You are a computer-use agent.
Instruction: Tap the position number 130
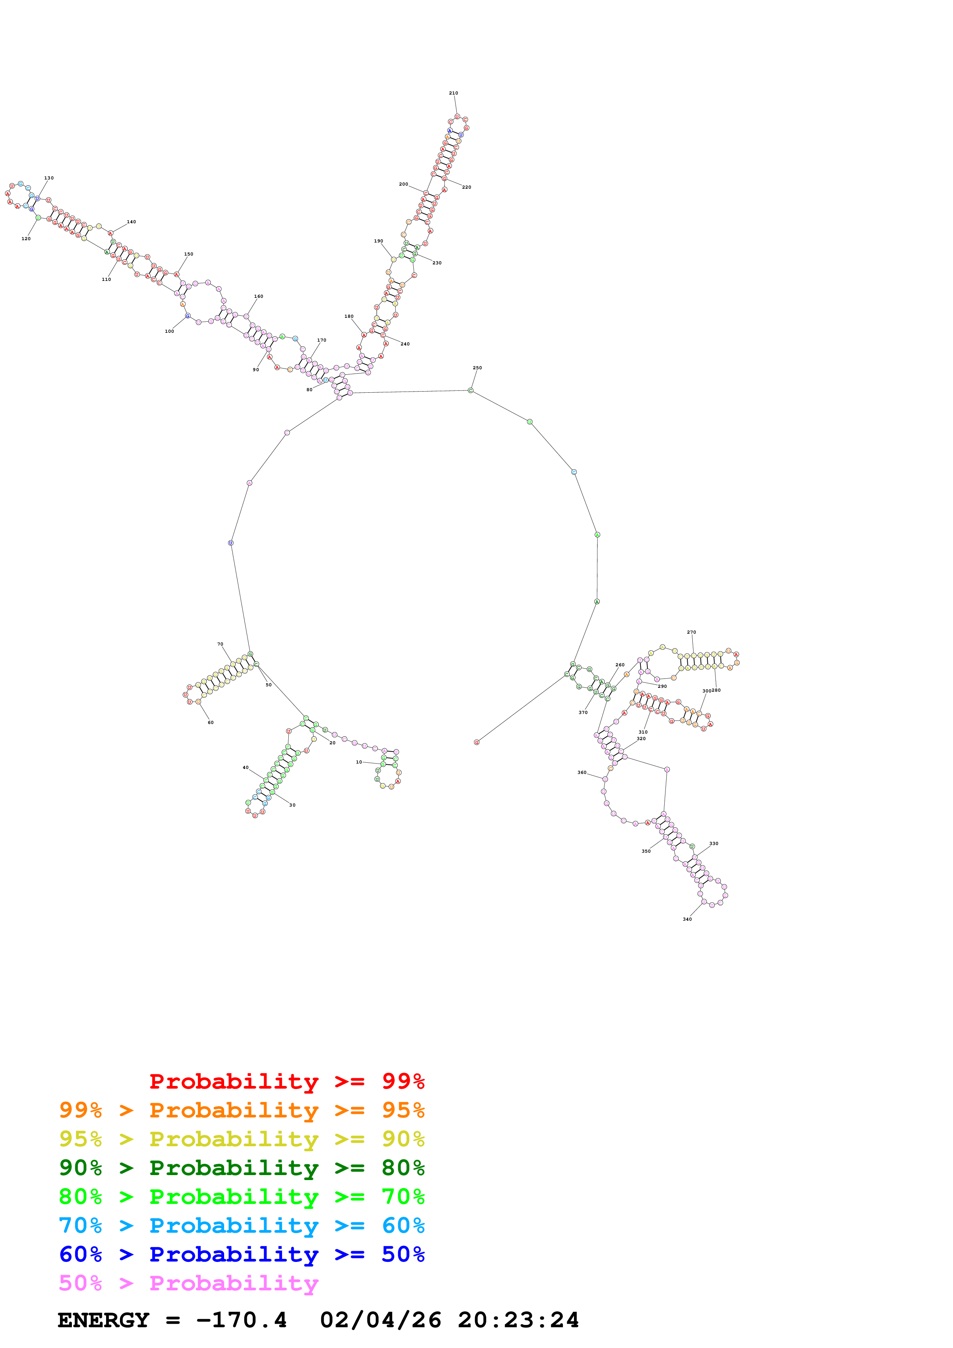[49, 178]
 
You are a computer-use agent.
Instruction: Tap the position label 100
[169, 332]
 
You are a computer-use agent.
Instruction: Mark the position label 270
[692, 632]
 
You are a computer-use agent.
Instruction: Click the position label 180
[349, 317]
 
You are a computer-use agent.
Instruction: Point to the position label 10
[359, 762]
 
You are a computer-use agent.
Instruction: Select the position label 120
[26, 239]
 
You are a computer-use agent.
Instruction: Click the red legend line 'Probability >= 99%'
[286, 1081]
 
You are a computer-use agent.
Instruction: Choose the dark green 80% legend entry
[241, 1168]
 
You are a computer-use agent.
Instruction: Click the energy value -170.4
[241, 1320]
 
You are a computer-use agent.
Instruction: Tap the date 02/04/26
[381, 1320]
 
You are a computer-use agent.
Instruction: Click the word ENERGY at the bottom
[103, 1320]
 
